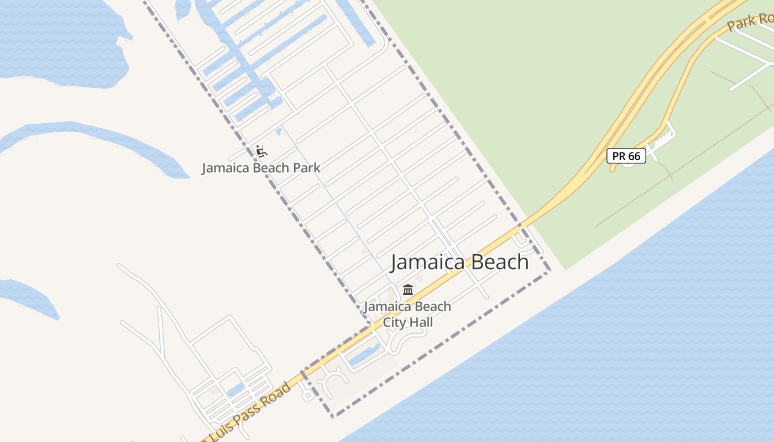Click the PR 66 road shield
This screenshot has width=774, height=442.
click(626, 156)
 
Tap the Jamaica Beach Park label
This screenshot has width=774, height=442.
click(261, 168)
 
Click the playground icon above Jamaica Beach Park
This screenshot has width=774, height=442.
click(261, 150)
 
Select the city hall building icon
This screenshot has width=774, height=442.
click(408, 290)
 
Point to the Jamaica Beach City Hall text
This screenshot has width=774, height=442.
click(407, 314)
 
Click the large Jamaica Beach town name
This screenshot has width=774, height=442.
click(459, 262)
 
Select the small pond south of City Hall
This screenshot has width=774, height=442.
click(365, 355)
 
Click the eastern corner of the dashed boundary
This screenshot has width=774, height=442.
click(550, 271)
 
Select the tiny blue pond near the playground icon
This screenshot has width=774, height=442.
click(279, 131)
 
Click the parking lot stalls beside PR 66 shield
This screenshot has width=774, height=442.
click(661, 140)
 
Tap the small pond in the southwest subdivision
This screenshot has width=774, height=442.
click(236, 390)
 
